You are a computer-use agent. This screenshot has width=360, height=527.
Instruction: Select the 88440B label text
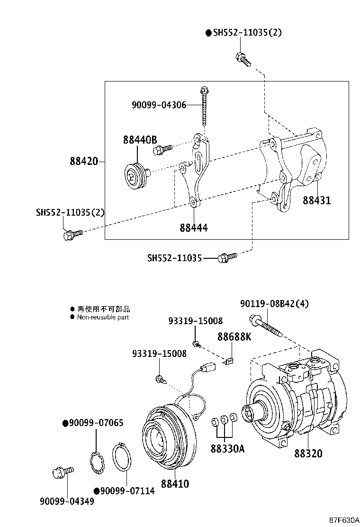[x=140, y=140]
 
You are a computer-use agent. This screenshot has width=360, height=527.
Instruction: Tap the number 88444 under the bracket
[x=193, y=228]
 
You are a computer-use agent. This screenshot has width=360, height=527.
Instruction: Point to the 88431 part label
[x=317, y=200]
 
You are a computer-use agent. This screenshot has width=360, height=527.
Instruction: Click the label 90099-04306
[x=159, y=105]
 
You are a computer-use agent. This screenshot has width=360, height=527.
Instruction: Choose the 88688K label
[x=234, y=337]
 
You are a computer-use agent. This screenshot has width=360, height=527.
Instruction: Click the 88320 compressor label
[x=308, y=454]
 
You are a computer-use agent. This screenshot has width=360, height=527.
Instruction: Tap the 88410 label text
[x=175, y=484]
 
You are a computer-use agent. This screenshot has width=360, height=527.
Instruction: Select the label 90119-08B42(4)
[x=274, y=304]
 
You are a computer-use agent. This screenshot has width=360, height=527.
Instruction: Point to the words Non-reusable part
[x=103, y=317]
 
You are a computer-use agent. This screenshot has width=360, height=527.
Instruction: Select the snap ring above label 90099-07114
[x=124, y=457]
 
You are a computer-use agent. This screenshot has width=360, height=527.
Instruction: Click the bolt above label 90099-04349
[x=62, y=472]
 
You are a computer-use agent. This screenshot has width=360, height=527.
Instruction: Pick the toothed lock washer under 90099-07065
[x=98, y=463]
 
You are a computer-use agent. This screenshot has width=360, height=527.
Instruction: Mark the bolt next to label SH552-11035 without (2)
[x=226, y=257]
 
